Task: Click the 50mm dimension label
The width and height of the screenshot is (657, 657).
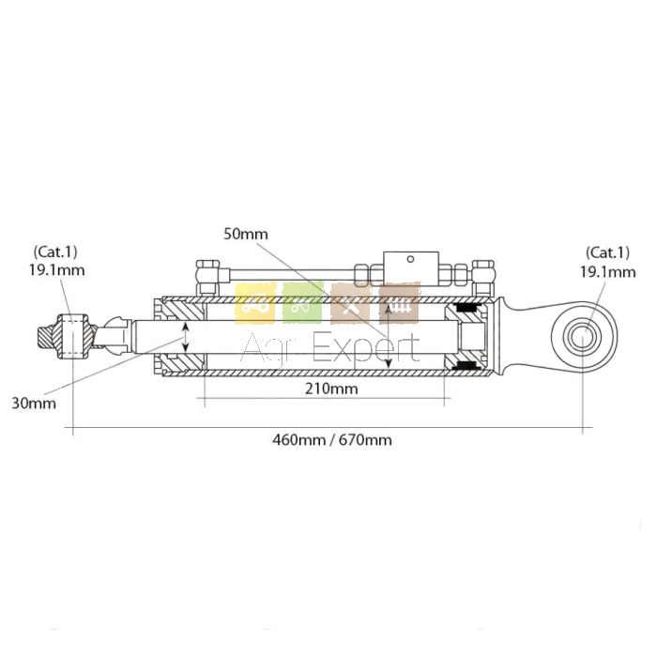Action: coord(247,234)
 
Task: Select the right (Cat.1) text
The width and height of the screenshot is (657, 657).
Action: coord(607,252)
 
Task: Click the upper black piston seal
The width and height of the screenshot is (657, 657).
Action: coord(466,309)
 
